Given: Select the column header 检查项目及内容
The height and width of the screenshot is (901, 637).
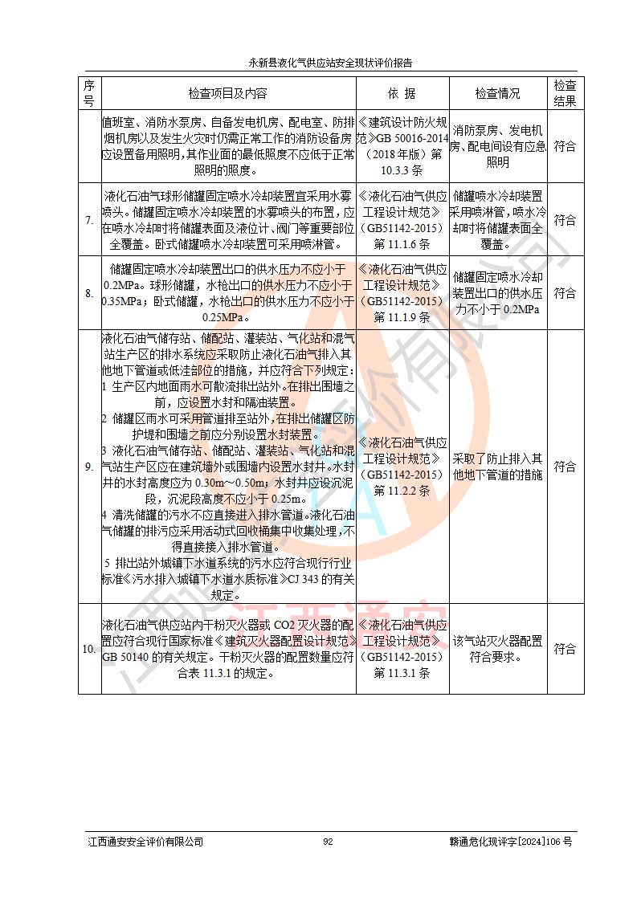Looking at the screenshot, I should pyautogui.click(x=228, y=93).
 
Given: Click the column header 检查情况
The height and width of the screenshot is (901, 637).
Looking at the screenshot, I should pyautogui.click(x=497, y=93).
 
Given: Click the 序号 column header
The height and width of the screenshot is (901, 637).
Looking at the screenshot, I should pyautogui.click(x=89, y=93).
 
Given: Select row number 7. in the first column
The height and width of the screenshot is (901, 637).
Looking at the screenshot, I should pyautogui.click(x=89, y=219).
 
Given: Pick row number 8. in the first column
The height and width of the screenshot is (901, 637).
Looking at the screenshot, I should pyautogui.click(x=89, y=293).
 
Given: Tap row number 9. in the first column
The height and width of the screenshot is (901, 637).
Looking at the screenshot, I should pyautogui.click(x=89, y=467).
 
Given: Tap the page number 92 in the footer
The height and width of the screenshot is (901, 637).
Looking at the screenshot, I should pyautogui.click(x=328, y=841).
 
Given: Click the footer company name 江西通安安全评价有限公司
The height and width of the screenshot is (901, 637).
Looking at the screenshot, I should pyautogui.click(x=145, y=841).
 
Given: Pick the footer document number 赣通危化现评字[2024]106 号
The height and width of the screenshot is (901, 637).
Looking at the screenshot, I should pyautogui.click(x=511, y=841).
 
